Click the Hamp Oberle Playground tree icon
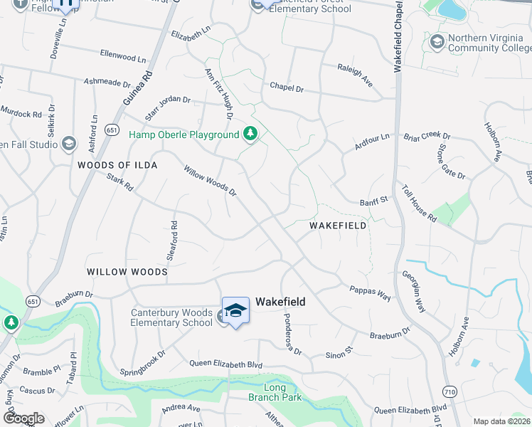pos(250,134)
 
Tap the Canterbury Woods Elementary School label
pos(171,317)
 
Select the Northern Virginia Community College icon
pos(437,43)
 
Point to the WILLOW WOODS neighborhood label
pos(127,272)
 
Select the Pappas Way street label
pos(370,293)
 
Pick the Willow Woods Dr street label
pos(209,181)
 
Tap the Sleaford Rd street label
pos(173,236)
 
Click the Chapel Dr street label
pos(286,88)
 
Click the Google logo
pos(23,418)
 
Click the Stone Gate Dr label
pos(451,161)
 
